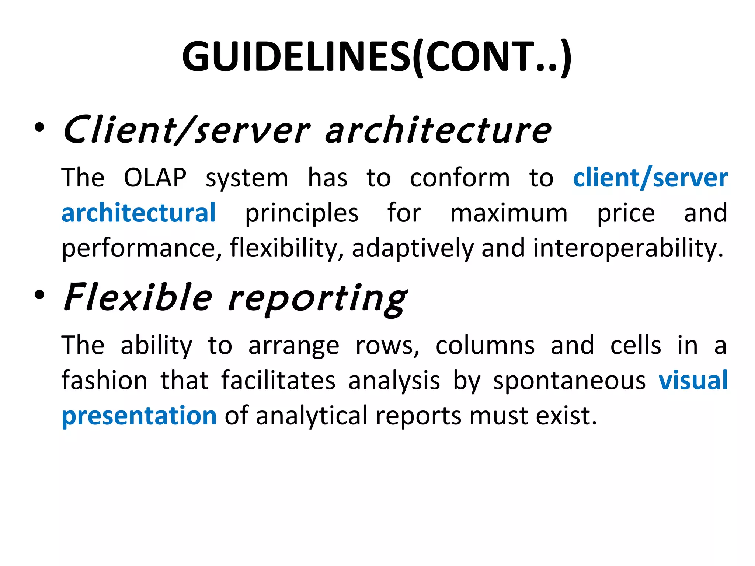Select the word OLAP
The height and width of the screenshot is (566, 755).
pyautogui.click(x=155, y=178)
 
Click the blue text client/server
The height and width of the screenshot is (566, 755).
pyautogui.click(x=650, y=178)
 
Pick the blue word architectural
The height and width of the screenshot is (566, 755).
pyautogui.click(x=139, y=213)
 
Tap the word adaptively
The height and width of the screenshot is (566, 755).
pyautogui.click(x=413, y=248)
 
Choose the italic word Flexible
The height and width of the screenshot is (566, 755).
pyautogui.click(x=138, y=297)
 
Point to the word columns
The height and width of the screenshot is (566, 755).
pyautogui.click(x=485, y=346)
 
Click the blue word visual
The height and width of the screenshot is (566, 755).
pyautogui.click(x=693, y=380)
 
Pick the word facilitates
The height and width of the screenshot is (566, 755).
pyautogui.click(x=278, y=380)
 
